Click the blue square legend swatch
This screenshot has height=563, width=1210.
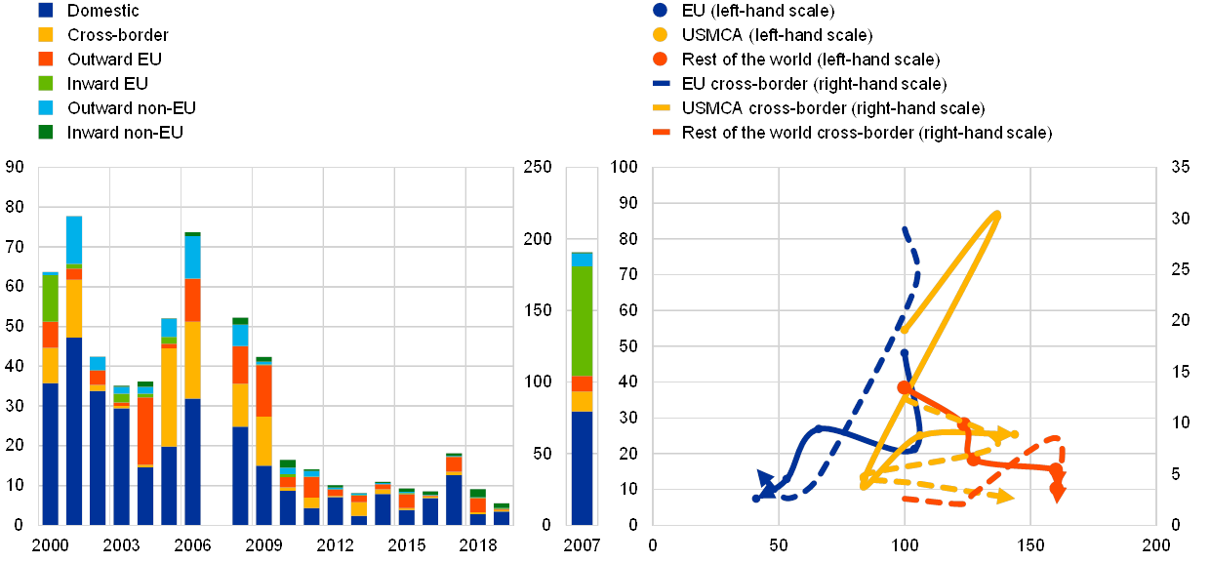(x=46, y=11)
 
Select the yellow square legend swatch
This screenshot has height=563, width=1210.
(x=46, y=35)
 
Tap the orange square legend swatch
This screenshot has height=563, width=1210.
(x=46, y=60)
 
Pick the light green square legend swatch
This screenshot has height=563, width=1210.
(x=46, y=83)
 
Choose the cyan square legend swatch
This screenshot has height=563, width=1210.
(x=46, y=107)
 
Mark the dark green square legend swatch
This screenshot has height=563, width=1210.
(x=46, y=131)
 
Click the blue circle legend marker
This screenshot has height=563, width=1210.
(x=661, y=11)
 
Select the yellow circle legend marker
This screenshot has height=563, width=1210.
(x=661, y=35)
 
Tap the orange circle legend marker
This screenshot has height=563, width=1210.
(x=661, y=60)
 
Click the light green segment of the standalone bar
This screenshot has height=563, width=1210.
(x=582, y=321)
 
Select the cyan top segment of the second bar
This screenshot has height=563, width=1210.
(x=74, y=240)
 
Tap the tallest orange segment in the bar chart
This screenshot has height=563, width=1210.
(x=145, y=430)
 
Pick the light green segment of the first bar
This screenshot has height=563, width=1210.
(x=50, y=298)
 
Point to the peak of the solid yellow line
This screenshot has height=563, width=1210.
(x=996, y=213)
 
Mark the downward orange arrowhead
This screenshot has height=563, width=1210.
(x=1057, y=493)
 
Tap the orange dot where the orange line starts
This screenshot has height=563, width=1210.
(x=904, y=387)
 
